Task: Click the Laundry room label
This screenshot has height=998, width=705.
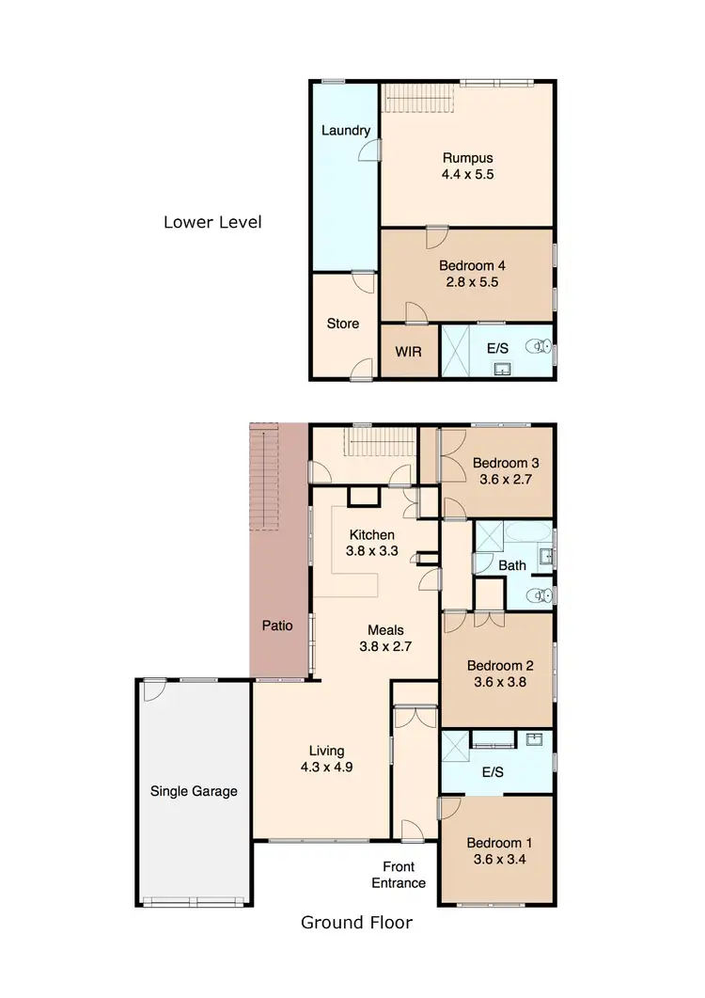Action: tap(345, 131)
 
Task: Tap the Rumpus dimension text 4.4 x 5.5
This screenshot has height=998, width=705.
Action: tap(468, 174)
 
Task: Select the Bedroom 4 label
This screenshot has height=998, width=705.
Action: tap(468, 265)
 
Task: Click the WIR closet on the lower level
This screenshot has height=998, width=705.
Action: tap(409, 352)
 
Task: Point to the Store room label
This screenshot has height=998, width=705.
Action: tap(342, 324)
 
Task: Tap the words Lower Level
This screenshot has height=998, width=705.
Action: tap(212, 223)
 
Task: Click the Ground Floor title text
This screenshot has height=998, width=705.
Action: tap(356, 922)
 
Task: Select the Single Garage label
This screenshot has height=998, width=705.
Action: tap(194, 791)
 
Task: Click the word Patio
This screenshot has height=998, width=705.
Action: tap(277, 625)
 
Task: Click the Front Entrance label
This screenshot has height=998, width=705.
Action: tap(404, 874)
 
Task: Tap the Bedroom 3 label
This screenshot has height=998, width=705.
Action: tap(505, 463)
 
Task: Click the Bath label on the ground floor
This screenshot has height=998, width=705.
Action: tap(512, 565)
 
